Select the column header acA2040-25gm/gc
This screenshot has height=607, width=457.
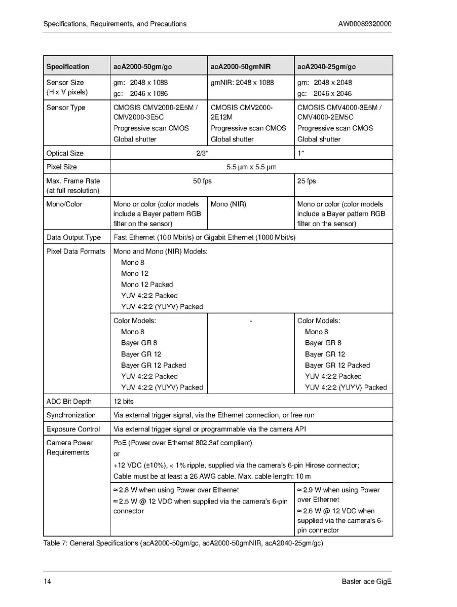[327, 66]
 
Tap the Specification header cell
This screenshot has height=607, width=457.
[67, 66]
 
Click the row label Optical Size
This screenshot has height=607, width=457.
[65, 153]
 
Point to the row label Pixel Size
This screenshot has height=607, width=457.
[61, 167]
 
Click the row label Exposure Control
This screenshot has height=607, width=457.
[73, 429]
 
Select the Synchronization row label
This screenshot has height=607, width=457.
[71, 415]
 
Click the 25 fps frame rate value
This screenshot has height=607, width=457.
[306, 181]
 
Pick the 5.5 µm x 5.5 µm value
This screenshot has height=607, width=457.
[251, 167]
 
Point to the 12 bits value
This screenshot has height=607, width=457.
[124, 401]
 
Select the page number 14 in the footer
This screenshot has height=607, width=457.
[47, 581]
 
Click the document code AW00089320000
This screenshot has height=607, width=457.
[364, 24]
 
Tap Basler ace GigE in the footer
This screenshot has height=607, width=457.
[366, 581]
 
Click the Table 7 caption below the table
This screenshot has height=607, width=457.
[183, 544]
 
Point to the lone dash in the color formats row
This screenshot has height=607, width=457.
[251, 320]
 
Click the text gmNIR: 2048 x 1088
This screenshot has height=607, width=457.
[242, 82]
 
